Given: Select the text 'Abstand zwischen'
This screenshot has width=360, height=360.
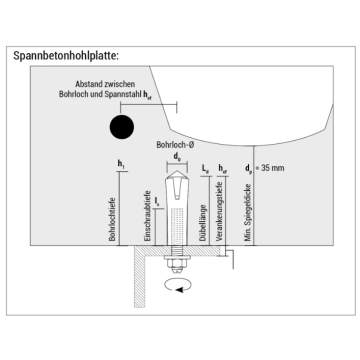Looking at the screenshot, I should (x=125, y=86).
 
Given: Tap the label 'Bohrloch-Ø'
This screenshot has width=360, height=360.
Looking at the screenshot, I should (x=176, y=144).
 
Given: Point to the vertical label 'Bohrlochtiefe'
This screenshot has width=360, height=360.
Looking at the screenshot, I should (x=112, y=210).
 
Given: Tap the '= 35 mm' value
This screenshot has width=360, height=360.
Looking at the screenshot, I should (x=277, y=168).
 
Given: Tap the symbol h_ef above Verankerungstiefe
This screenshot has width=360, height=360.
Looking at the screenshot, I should (x=222, y=168).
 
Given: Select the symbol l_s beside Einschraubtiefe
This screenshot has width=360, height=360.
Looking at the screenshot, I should (x=157, y=201).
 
